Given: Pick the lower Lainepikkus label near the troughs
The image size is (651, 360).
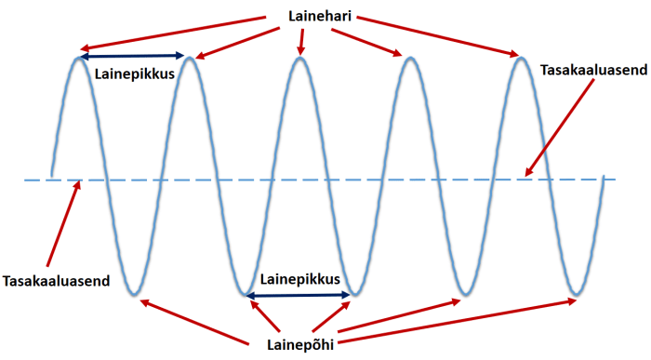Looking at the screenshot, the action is click(x=299, y=278).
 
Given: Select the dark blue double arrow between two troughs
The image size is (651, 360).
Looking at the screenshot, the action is click(x=299, y=295).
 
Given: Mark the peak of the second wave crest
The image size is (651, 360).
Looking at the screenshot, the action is click(x=189, y=59).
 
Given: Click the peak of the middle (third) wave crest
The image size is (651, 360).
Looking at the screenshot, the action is click(x=299, y=59).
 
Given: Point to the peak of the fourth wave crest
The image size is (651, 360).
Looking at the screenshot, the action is click(x=406, y=59).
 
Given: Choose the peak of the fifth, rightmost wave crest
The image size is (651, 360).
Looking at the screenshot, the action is click(x=517, y=59).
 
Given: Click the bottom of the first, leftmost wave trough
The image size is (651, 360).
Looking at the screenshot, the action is click(x=136, y=295).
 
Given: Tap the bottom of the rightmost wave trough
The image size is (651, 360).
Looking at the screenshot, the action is click(x=578, y=295).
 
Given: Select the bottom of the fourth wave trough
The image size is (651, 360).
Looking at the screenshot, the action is click(x=464, y=295).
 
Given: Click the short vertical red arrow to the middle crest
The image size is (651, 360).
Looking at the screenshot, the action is click(x=299, y=39).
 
